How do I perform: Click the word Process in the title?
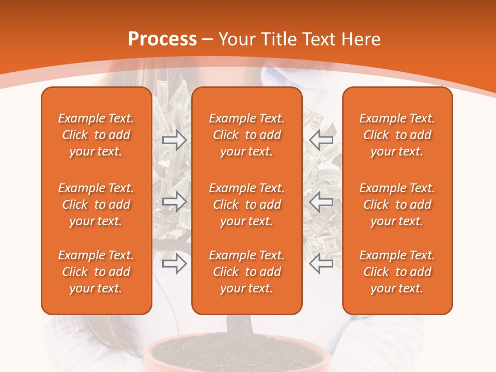pyautogui.click(x=162, y=39)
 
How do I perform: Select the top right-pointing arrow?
pyautogui.click(x=174, y=140)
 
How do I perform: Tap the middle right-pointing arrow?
pyautogui.click(x=174, y=202)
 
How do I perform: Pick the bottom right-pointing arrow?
pyautogui.click(x=174, y=264)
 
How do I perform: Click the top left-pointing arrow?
pyautogui.click(x=321, y=140)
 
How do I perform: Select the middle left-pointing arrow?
pyautogui.click(x=321, y=202)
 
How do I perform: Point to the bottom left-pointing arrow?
pyautogui.click(x=321, y=264)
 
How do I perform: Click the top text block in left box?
pyautogui.click(x=96, y=135)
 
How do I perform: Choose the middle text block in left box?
pyautogui.click(x=96, y=205)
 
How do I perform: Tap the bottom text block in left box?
pyautogui.click(x=96, y=272)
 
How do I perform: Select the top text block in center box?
pyautogui.click(x=246, y=135)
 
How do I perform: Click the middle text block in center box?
pyautogui.click(x=246, y=205)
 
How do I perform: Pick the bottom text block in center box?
pyautogui.click(x=246, y=272)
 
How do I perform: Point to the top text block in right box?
pyautogui.click(x=397, y=135)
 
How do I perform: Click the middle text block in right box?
pyautogui.click(x=397, y=205)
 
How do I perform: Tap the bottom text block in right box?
pyautogui.click(x=397, y=272)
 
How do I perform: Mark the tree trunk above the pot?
pyautogui.click(x=239, y=326)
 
